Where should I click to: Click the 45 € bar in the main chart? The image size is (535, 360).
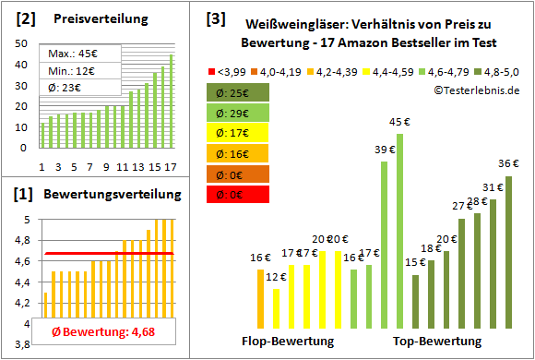399,231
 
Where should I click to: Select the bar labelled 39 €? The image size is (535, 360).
384,245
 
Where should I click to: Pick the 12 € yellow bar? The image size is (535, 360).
276,308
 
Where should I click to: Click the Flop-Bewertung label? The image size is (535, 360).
288,341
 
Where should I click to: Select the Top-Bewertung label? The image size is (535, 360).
437,341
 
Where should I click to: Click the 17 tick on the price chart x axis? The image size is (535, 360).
171,166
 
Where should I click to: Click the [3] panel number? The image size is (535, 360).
215,18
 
